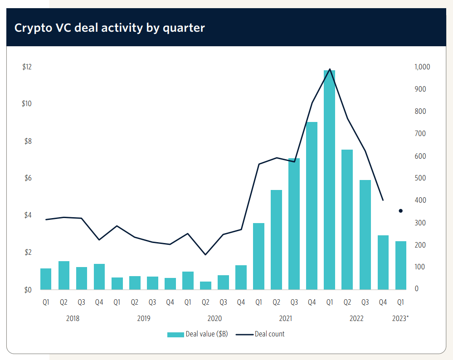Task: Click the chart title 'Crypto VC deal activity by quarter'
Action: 109,28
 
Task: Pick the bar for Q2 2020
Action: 205,285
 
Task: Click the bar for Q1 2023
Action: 401,265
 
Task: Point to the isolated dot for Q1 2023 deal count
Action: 401,211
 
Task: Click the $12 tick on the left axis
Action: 27,67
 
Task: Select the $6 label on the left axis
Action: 27,178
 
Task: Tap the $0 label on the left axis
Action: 27,290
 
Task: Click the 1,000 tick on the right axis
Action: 422,67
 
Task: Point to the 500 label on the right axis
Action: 420,178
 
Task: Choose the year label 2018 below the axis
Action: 73,318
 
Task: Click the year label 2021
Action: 286,318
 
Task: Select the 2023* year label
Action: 400,318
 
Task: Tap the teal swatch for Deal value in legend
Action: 175,335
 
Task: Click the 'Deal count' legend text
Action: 270,334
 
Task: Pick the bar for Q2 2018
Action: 64,275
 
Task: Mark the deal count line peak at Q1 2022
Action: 330,69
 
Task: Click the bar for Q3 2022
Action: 365,234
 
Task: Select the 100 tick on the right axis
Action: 420,267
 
